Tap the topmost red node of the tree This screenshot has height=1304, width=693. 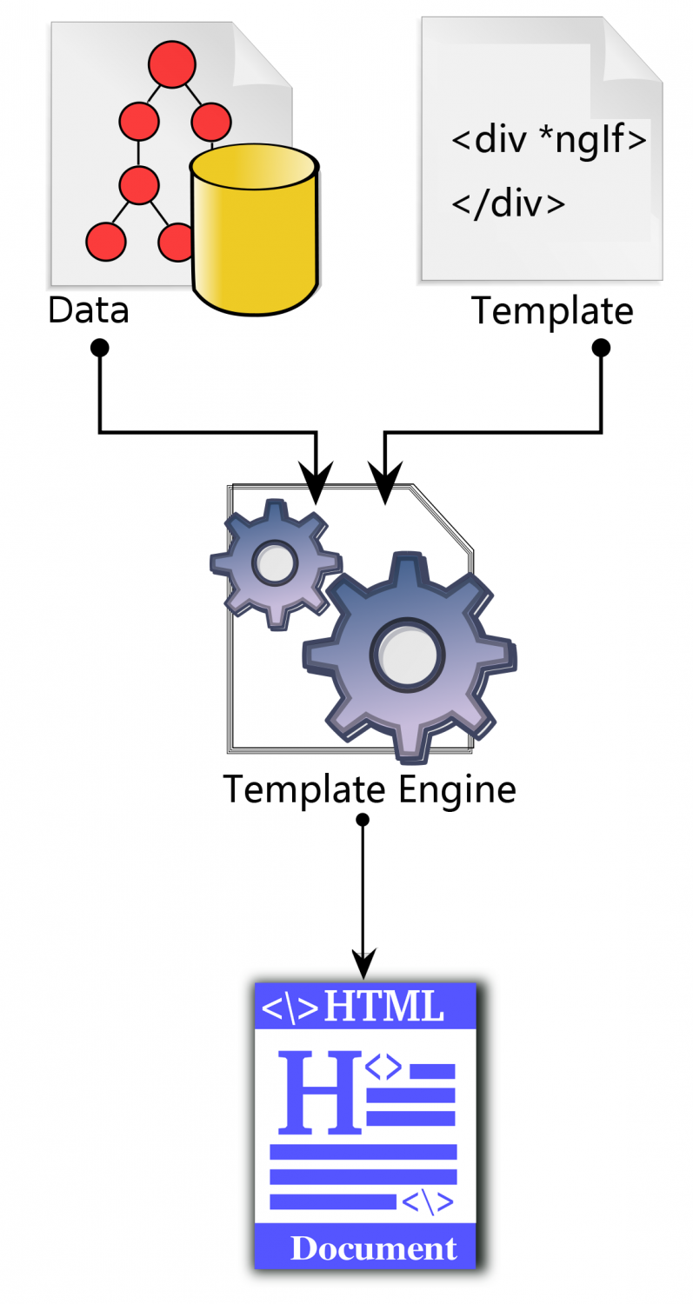click(170, 64)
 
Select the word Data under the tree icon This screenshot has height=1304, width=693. click(88, 310)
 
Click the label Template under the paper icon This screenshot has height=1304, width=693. click(552, 310)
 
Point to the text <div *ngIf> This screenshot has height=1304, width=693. click(549, 140)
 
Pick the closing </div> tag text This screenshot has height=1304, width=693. click(509, 203)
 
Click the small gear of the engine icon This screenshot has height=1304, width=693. click(275, 562)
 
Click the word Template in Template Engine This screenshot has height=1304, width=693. click(303, 790)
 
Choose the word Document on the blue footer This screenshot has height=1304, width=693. click(373, 1248)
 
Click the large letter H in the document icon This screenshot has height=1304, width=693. click(317, 1092)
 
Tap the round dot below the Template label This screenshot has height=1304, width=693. click(601, 348)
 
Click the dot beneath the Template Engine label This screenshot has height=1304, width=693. click(363, 820)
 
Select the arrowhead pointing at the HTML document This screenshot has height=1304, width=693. click(363, 964)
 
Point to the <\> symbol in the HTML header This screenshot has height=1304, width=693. click(290, 1008)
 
